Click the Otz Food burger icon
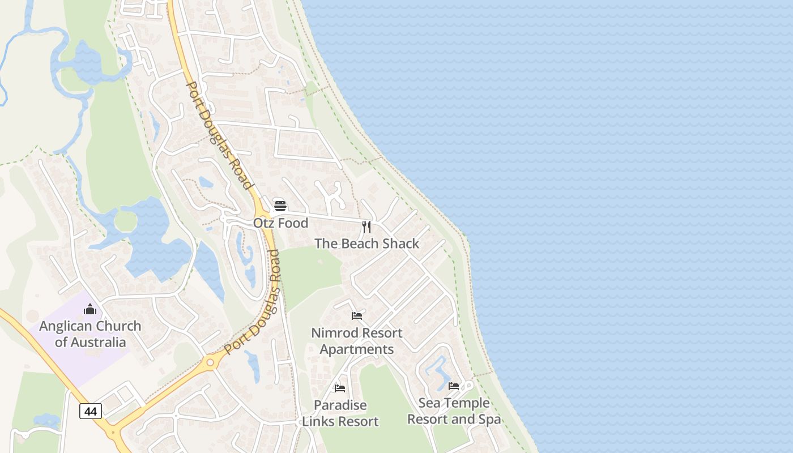click(280, 206)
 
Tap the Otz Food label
click(281, 223)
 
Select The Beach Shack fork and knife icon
click(366, 227)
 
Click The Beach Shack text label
click(366, 243)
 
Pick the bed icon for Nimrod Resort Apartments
click(357, 316)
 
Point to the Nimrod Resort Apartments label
click(357, 341)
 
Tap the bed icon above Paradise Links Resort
click(340, 388)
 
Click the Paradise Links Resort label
click(340, 413)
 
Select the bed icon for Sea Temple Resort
click(454, 386)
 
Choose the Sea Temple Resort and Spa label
click(454, 411)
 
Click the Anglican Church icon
click(90, 309)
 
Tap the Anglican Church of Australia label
click(90, 334)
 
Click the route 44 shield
click(91, 411)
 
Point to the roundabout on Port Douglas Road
click(210, 362)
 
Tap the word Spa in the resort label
click(491, 420)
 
